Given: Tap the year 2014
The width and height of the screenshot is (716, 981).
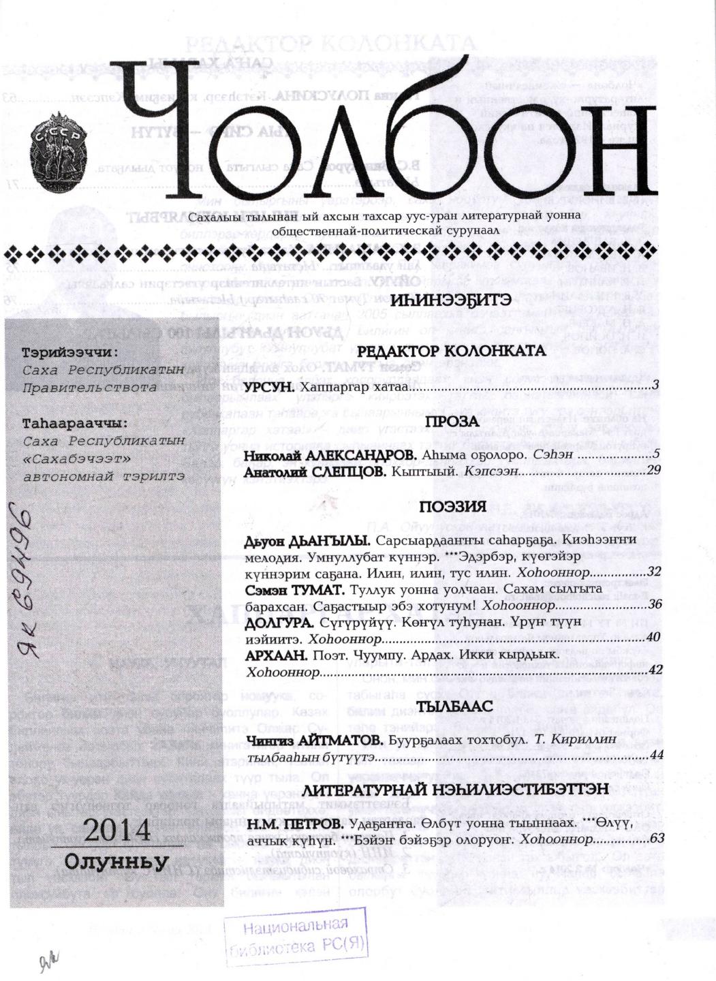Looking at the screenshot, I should point(116,830).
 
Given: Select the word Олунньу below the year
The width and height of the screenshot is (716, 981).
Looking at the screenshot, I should point(116,861).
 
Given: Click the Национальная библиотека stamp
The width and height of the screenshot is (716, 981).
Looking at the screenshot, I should point(296,936).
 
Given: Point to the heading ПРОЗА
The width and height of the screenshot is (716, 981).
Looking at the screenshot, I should point(452,422).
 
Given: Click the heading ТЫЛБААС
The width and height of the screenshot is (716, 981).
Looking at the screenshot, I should point(454,706).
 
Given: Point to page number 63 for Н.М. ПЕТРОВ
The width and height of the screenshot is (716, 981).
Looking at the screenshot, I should point(657,839).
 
